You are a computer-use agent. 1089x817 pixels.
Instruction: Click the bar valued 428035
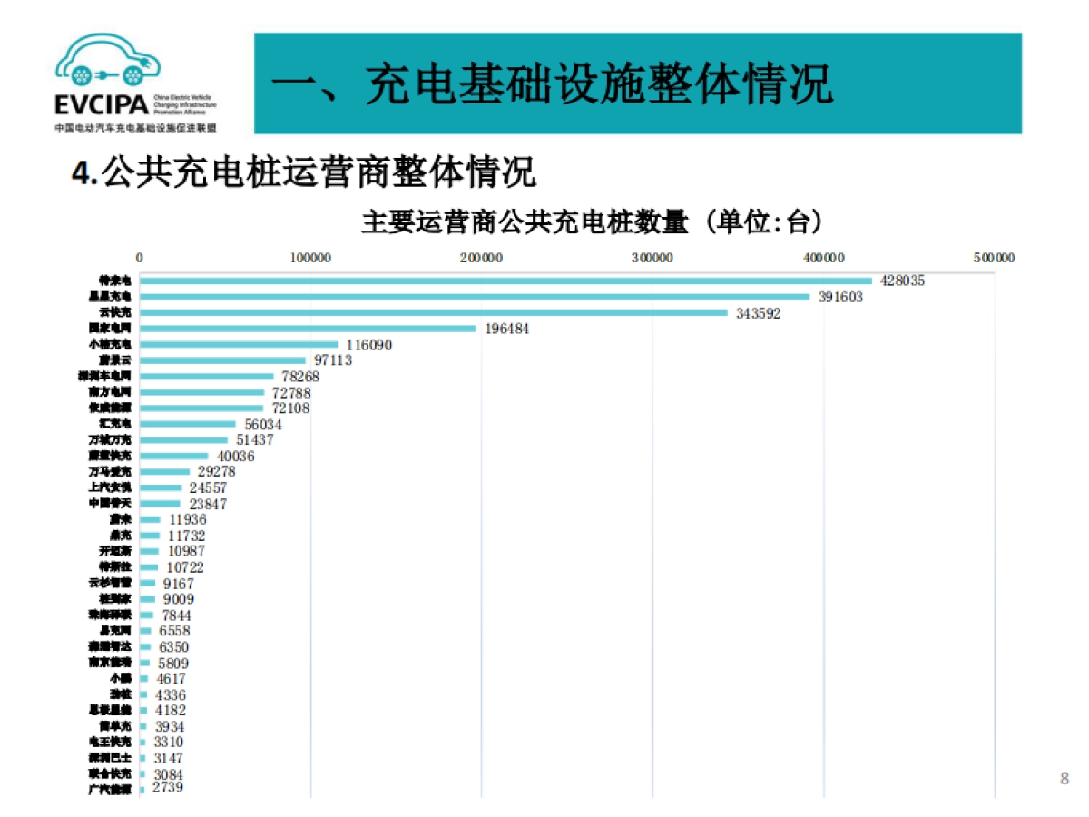(x=505, y=281)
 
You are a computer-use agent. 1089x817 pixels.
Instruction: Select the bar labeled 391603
(x=474, y=297)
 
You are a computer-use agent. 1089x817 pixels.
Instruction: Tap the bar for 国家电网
(x=308, y=329)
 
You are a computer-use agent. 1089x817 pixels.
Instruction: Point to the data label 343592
(x=759, y=313)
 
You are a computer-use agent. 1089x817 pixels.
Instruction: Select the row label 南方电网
(x=110, y=392)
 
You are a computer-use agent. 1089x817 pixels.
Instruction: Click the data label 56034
(x=262, y=424)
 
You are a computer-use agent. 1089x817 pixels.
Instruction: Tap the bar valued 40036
(x=174, y=456)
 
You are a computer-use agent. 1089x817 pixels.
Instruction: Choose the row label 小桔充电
(x=110, y=345)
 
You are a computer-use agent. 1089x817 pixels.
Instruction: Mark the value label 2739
(x=168, y=788)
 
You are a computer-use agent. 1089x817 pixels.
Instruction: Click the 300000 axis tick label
(x=652, y=258)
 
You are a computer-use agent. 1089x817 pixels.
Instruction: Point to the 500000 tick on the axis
(x=994, y=258)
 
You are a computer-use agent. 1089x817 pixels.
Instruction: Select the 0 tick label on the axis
(x=140, y=258)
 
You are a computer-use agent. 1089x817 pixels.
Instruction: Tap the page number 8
(x=1064, y=778)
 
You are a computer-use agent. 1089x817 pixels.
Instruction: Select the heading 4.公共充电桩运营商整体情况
(x=304, y=172)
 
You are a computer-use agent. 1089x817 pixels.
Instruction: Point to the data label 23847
(x=209, y=504)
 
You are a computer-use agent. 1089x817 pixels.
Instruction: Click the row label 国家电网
(x=110, y=329)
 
